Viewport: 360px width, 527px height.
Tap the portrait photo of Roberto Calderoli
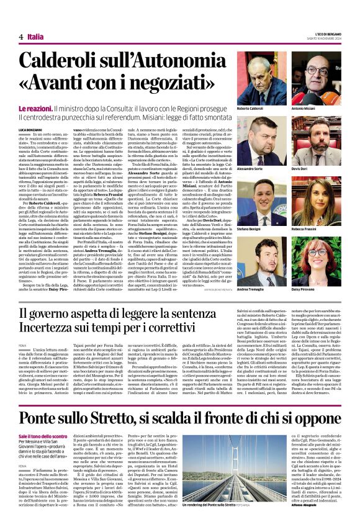[263, 79]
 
